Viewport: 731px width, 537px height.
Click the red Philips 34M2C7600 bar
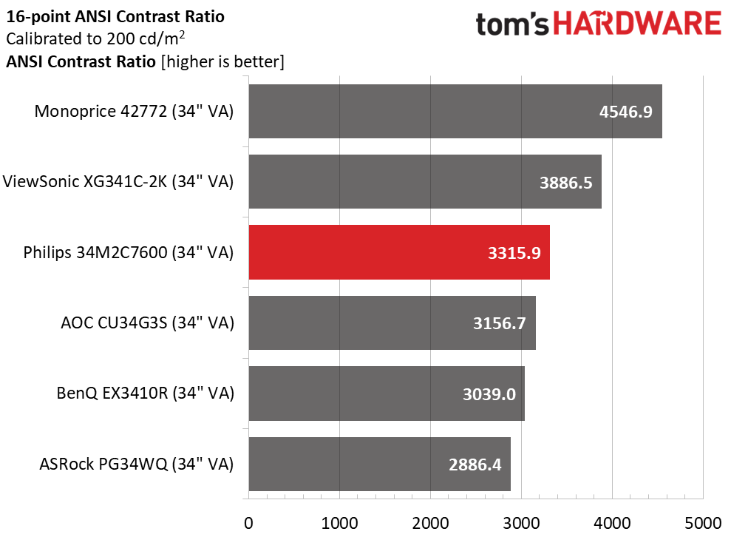pyautogui.click(x=399, y=252)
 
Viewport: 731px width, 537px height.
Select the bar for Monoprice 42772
pyautogui.click(x=455, y=111)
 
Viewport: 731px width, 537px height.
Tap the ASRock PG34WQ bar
pyautogui.click(x=379, y=464)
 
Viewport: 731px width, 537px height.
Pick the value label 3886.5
pyautogui.click(x=565, y=183)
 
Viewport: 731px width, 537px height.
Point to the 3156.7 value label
pyautogui.click(x=500, y=322)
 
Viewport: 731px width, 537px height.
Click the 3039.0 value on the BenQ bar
pyautogui.click(x=489, y=394)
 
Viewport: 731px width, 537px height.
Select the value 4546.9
pyautogui.click(x=625, y=112)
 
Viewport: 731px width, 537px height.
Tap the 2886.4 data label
pyautogui.click(x=475, y=465)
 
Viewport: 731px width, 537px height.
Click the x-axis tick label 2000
pyautogui.click(x=430, y=523)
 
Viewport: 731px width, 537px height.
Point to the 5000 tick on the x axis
pyautogui.click(x=703, y=523)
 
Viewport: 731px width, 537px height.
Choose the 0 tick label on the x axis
pyautogui.click(x=248, y=523)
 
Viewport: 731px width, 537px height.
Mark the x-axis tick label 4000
pyautogui.click(x=612, y=523)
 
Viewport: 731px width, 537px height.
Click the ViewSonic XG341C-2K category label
pyautogui.click(x=118, y=181)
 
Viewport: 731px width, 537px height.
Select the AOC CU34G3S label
pyautogui.click(x=147, y=322)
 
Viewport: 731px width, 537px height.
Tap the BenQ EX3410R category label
pyautogui.click(x=145, y=394)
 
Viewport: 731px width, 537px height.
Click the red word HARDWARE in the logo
pyautogui.click(x=637, y=24)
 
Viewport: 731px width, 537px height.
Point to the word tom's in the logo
pyautogui.click(x=512, y=24)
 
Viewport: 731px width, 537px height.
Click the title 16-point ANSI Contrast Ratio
pyautogui.click(x=115, y=17)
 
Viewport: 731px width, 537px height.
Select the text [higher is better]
pyautogui.click(x=222, y=61)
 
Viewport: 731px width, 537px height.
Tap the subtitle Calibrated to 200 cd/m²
pyautogui.click(x=95, y=38)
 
